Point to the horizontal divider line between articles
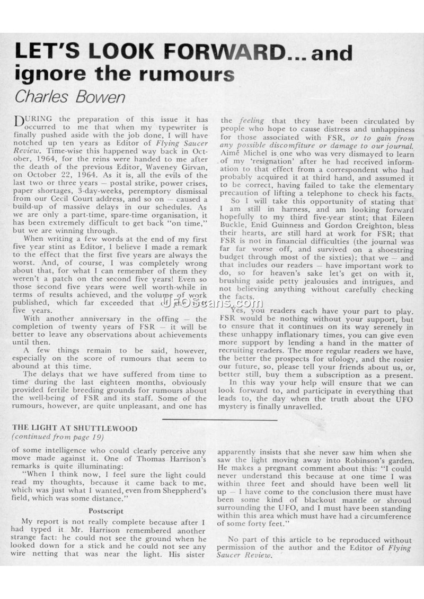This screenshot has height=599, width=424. point(219,420)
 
